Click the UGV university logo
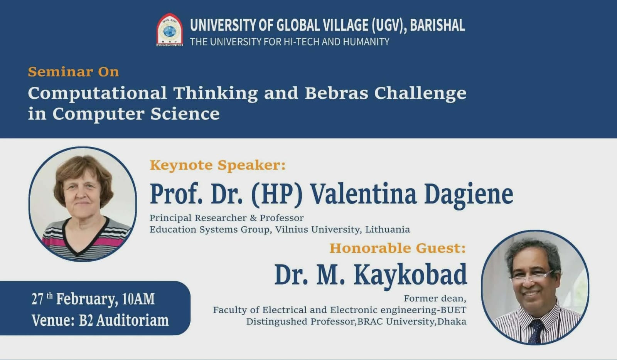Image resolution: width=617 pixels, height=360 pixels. coord(169,30)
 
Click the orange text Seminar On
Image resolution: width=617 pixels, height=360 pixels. coord(73,72)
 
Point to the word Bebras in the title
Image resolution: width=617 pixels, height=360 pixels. coord(336,93)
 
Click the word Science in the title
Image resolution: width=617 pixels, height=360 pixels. coord(185,114)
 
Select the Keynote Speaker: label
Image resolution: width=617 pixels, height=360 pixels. coord(217,165)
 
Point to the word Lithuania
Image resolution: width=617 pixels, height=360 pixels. coord(388,230)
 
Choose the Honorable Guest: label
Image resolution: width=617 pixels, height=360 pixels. coord(398,248)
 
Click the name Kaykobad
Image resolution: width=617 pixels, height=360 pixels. coord(410,275)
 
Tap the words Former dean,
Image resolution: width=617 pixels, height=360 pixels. coord(435,298)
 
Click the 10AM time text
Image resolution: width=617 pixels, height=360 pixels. coord(138,299)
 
